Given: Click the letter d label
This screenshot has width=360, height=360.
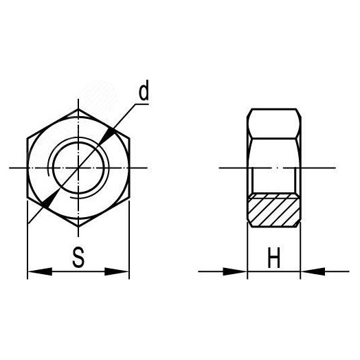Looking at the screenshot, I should pos(142,93).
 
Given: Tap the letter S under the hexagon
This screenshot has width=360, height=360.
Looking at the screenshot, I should pos(78,259).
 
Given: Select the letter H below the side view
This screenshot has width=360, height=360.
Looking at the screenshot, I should pos(273,259).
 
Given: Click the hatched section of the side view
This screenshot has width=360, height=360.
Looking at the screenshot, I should pos(273,210).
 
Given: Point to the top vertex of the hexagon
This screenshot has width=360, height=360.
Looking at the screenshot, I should pos(78,109).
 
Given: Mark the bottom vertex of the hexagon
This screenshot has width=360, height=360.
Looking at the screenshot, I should pos(78,226).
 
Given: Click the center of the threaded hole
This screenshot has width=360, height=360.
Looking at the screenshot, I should pos(78,168).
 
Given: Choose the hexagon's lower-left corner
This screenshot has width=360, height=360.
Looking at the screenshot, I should pos(27,197).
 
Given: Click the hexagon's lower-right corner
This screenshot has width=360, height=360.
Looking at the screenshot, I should pos(129,197).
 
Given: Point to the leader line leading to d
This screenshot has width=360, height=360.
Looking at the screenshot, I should pos(124,120).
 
